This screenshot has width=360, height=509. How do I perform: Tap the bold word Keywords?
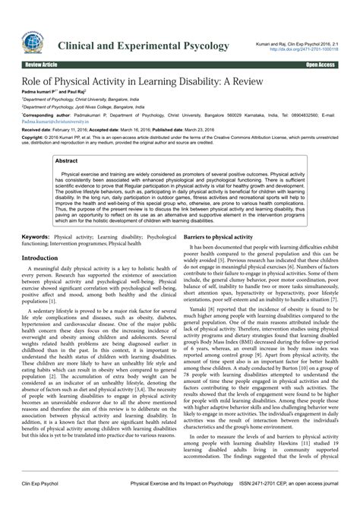coord(36,217)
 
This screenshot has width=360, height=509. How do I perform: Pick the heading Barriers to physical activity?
coord(218,217)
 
